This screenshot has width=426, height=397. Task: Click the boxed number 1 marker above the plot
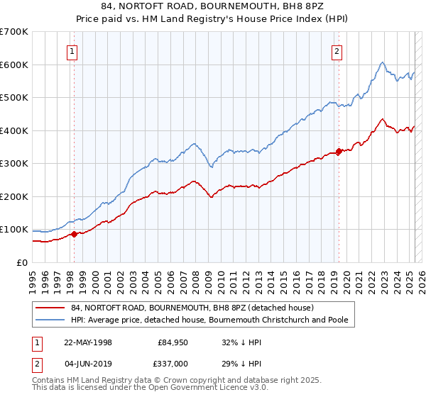coord(73,50)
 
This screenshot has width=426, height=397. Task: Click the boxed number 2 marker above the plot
coord(337,50)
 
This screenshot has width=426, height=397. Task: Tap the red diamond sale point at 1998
coord(74,234)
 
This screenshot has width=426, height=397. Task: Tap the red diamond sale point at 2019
coord(339,151)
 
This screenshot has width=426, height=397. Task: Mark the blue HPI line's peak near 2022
coord(382,62)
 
